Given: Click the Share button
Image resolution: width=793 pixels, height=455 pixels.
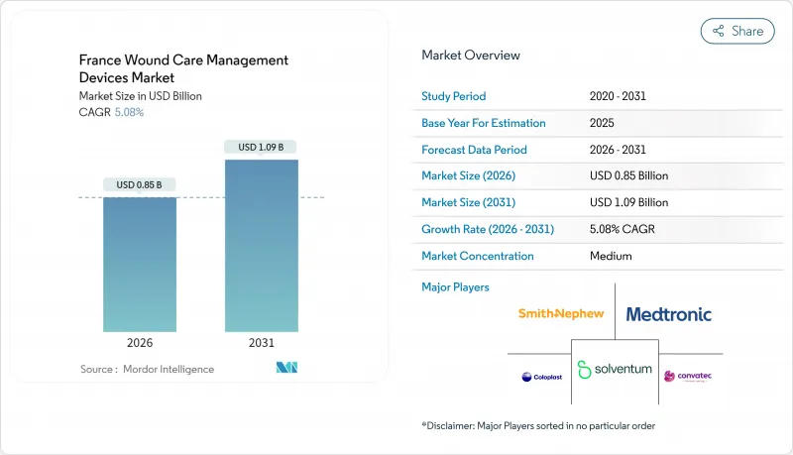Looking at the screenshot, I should point(737,31).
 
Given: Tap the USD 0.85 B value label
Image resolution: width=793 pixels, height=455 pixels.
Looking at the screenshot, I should point(140,184).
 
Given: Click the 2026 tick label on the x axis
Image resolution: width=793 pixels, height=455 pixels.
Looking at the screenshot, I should point(141,343).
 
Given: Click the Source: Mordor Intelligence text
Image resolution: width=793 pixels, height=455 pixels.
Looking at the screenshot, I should point(147,369).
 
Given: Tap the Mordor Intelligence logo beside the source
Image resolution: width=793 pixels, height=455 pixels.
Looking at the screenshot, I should point(287,369).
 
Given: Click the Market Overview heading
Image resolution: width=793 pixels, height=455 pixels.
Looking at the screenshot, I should point(471,56).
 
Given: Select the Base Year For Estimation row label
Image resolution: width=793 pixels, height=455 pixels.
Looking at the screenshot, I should point(484,123).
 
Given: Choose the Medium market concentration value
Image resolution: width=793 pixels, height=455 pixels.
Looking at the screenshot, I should point(611,256).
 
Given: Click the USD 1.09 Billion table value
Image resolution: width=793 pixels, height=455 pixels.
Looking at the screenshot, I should point(628,202).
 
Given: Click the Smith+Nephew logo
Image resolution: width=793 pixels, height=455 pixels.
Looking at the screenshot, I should point(561,314).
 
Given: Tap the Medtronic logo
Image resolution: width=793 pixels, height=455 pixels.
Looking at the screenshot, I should point(668,314).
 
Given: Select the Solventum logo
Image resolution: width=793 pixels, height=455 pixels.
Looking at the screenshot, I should point(615,369).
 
